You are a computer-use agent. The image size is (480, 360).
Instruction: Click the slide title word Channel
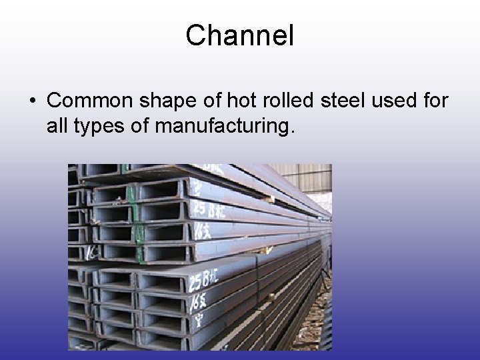tap(239, 35)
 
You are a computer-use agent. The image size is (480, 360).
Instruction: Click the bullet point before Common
tap(33, 101)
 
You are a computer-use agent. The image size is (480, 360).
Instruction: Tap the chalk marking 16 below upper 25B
tap(201, 231)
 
